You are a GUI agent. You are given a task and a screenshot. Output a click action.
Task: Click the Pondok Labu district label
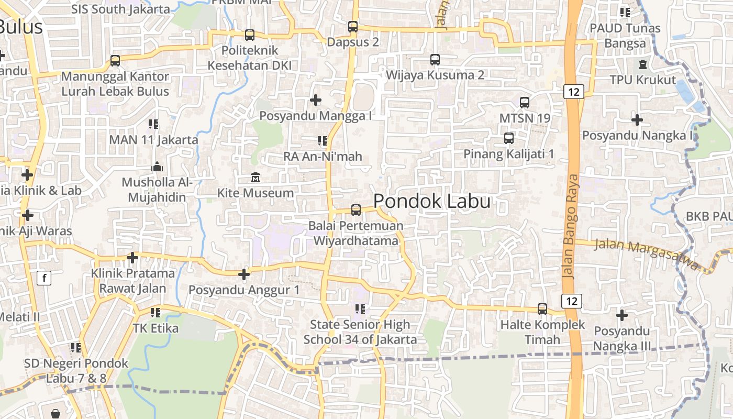432,202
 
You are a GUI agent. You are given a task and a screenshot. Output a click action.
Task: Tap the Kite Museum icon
256,178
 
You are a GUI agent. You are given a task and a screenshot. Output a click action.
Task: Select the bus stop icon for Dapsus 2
353,26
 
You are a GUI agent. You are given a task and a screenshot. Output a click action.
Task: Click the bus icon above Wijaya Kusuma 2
435,59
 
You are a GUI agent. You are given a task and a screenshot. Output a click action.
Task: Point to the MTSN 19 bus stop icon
525,103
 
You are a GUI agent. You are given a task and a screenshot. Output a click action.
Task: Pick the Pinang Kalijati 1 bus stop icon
509,138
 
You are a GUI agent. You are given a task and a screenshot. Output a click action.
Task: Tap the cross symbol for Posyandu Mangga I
316,100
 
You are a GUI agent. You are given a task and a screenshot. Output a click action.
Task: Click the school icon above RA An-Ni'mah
323,140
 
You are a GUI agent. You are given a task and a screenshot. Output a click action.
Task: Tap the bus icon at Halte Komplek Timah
542,309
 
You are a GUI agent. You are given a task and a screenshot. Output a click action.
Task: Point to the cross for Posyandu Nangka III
622,315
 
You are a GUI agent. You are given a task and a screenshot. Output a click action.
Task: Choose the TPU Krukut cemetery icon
643,64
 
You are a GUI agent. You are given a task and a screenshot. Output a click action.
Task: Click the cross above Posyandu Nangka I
637,120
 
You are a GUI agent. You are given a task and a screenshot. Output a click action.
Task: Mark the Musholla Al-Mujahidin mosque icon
157,167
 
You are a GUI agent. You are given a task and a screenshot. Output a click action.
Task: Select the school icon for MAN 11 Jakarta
153,124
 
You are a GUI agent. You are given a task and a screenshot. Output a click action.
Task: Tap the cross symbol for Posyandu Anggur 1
244,274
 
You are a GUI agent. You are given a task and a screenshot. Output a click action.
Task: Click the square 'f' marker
44,278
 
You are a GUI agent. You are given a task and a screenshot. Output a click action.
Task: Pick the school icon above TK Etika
156,313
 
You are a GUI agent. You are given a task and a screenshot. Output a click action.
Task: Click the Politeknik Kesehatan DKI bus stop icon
250,35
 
